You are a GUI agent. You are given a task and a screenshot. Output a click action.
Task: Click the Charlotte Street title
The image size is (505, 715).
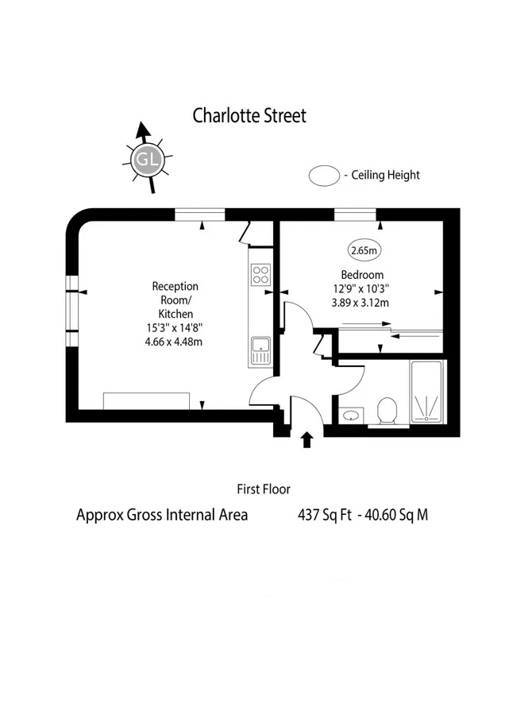pyautogui.click(x=249, y=116)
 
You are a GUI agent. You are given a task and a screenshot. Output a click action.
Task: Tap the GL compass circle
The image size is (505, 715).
pyautogui.click(x=147, y=160)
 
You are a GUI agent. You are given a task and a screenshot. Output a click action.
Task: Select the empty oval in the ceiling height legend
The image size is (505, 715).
pyautogui.click(x=324, y=176)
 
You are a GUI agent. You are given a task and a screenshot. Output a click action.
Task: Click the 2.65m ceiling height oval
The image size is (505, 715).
pyautogui.click(x=364, y=250)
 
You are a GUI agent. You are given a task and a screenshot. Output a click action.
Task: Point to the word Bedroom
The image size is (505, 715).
pyautogui.click(x=362, y=275)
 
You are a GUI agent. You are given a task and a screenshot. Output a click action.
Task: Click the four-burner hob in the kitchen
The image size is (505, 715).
pyautogui.click(x=260, y=275)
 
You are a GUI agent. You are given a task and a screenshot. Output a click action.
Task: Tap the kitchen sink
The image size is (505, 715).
pyautogui.click(x=260, y=350)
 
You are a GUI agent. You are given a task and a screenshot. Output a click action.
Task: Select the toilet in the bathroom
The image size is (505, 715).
pyautogui.click(x=387, y=412)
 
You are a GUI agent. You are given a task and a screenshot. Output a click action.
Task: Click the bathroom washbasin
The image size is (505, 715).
pyautogui.click(x=352, y=415)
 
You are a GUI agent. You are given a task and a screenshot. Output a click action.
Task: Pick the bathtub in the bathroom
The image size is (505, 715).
pyautogui.click(x=426, y=392)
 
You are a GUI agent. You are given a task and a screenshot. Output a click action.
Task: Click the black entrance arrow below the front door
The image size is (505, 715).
pyautogui.click(x=306, y=439)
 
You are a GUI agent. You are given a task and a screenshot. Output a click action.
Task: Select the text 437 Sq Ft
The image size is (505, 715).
pyautogui.click(x=325, y=516)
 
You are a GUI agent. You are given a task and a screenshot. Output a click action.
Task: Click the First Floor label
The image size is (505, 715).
pyautogui.click(x=264, y=489)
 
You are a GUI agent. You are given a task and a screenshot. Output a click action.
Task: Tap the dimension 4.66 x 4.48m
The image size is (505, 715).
pyautogui.click(x=174, y=342)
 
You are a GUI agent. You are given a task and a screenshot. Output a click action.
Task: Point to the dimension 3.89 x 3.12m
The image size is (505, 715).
pyautogui.click(x=360, y=303)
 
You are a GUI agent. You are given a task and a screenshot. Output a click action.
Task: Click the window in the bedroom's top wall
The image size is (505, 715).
pyautogui.click(x=356, y=214)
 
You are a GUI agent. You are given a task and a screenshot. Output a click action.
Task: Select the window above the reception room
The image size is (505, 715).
pyautogui.click(x=200, y=214)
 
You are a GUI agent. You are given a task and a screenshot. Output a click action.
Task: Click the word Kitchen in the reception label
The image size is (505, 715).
pyautogui.click(x=175, y=314)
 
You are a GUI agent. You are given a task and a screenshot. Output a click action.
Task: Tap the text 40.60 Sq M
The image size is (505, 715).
pyautogui.click(x=396, y=516)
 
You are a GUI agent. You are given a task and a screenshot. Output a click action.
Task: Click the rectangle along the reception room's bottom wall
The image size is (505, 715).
pyautogui.click(x=146, y=401)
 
